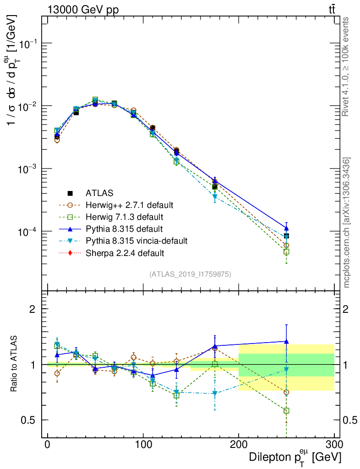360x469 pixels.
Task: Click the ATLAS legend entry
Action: (x=100, y=193)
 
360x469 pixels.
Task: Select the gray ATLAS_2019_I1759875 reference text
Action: (x=190, y=274)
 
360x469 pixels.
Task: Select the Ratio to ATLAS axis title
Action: (x=15, y=364)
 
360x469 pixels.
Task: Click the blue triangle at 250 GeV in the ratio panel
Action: (x=286, y=341)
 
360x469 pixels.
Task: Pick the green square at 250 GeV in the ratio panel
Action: (x=286, y=411)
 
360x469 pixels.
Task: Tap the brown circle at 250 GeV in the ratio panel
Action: (x=286, y=392)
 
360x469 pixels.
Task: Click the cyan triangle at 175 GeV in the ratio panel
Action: (x=215, y=393)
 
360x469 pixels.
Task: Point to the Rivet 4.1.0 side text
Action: (x=347, y=66)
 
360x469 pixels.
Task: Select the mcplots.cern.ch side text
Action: (x=347, y=222)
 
